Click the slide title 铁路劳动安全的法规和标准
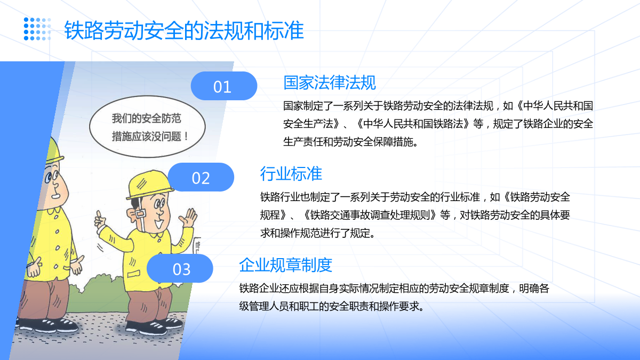[x=184, y=30]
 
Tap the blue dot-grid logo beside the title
[x=37, y=29]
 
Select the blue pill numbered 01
[x=223, y=86]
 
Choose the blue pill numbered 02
[x=201, y=177]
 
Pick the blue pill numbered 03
[x=180, y=269]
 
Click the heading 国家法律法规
[x=330, y=83]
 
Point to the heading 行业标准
[x=291, y=174]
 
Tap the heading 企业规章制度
[x=285, y=265]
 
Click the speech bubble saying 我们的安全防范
[x=147, y=126]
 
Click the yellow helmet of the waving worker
[x=149, y=185]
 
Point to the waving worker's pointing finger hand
[x=100, y=221]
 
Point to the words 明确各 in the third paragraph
[x=534, y=289]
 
